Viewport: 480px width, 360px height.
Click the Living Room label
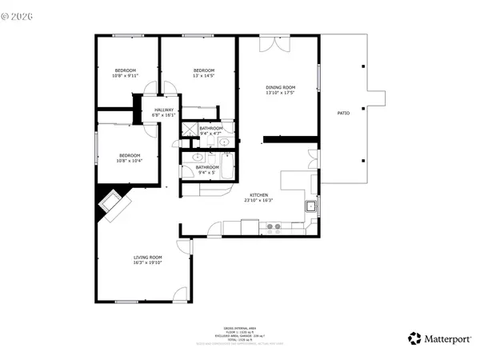[x=147, y=260]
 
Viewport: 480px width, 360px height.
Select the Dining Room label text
[x=280, y=90]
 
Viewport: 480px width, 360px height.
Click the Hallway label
[x=164, y=113]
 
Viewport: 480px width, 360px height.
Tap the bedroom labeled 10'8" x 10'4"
[x=130, y=158]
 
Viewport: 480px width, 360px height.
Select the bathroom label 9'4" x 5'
[x=207, y=170]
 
